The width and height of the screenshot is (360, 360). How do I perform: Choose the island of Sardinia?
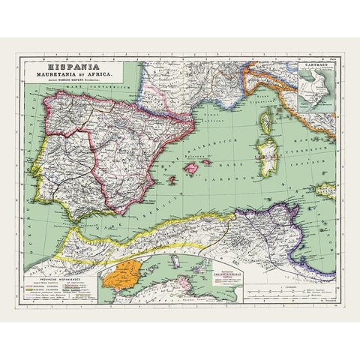click(x=265, y=154)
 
